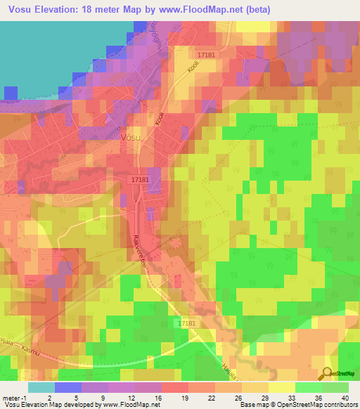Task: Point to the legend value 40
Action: pyautogui.click(x=345, y=398)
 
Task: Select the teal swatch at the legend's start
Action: pyautogui.click(x=41, y=387)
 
